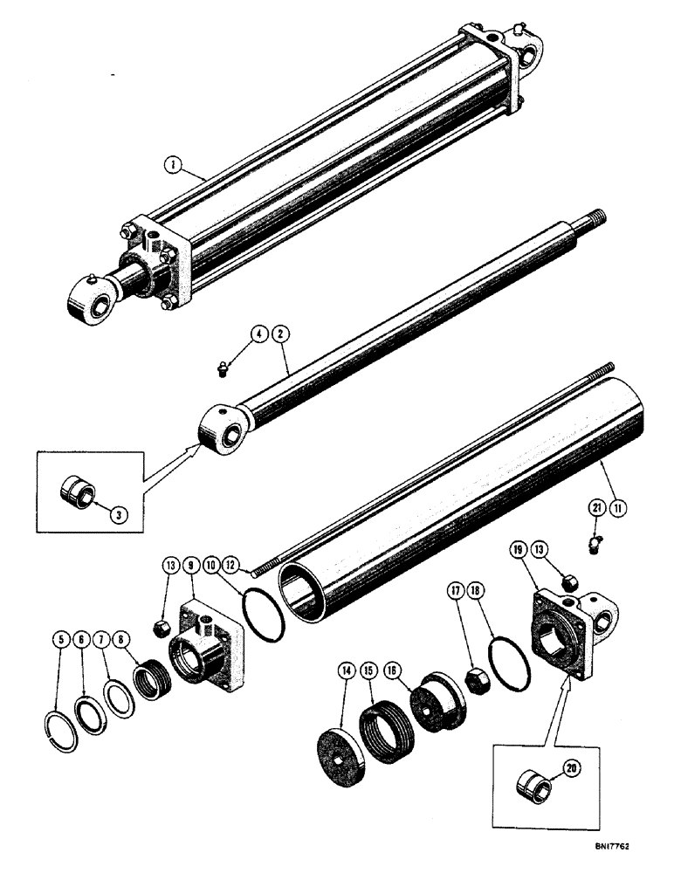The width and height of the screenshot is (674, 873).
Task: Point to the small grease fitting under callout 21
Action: (x=595, y=545)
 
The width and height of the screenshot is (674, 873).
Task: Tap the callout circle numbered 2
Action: (x=281, y=333)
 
